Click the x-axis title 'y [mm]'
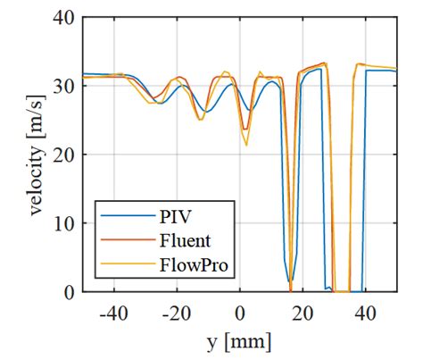(239, 341)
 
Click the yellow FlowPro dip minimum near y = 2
(246, 145)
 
